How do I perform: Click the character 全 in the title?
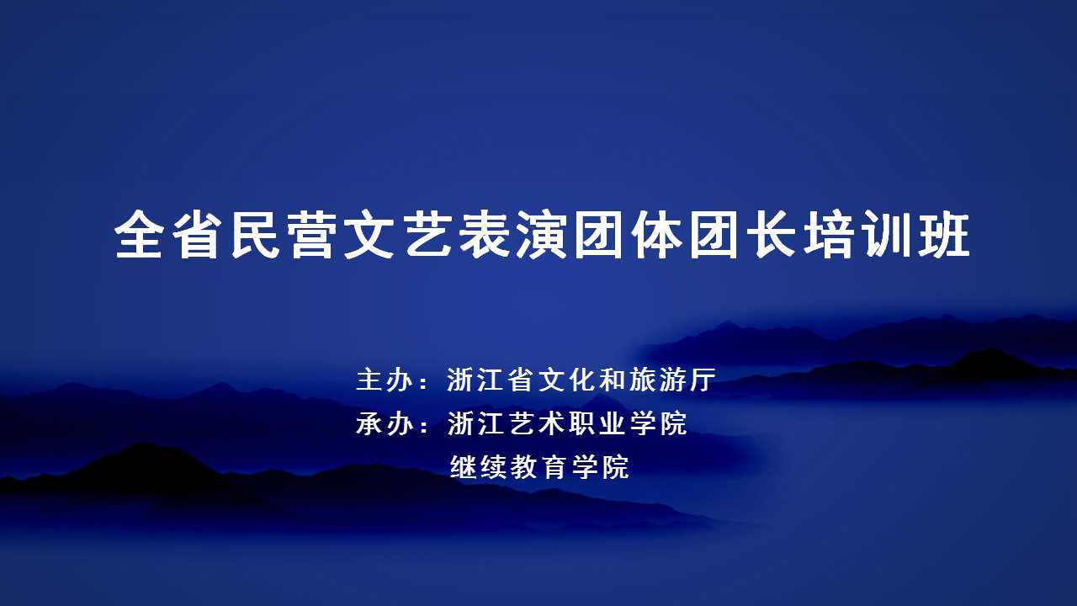[x=139, y=234]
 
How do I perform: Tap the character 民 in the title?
[x=255, y=234]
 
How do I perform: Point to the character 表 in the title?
[x=485, y=234]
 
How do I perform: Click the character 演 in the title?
[x=542, y=234]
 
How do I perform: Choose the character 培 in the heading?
[x=829, y=234]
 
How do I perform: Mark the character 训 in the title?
[x=886, y=234]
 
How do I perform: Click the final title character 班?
[x=944, y=234]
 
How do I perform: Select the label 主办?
[x=385, y=380]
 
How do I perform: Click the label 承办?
[x=385, y=423]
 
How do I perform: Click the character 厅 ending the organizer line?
[x=703, y=380]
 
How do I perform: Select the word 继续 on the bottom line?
[x=478, y=467]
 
